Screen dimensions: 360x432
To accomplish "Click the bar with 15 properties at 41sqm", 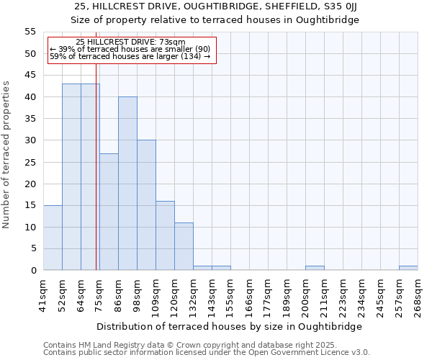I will (53, 238).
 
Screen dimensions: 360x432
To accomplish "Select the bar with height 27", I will (109, 212).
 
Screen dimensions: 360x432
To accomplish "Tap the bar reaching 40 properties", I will (127, 184).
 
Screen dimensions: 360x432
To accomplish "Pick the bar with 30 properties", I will (146, 205).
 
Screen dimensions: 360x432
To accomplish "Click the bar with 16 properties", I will (165, 235).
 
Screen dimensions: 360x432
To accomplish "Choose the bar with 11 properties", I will (184, 246).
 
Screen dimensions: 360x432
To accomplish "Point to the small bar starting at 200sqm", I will (315, 268).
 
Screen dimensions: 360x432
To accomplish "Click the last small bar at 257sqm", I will (408, 268).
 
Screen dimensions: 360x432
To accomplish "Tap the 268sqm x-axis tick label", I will (418, 294).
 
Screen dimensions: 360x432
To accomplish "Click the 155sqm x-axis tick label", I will (230, 294).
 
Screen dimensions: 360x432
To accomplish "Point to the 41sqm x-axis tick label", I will (43, 294).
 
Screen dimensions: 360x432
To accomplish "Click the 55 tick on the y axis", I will (30, 32).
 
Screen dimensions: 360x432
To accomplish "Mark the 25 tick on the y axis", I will (30, 162).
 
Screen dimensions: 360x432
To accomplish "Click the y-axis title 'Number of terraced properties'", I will (6, 155).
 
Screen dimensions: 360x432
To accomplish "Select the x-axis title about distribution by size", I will (231, 326).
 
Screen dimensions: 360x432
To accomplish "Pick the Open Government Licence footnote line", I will (207, 353).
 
